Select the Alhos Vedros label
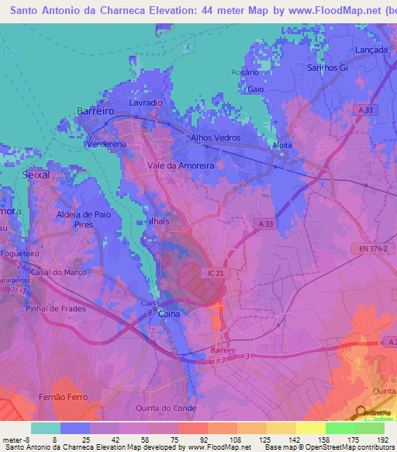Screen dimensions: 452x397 pos(216,137)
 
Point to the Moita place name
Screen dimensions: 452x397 pos(282,145)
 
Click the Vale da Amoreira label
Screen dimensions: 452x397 pos(181,165)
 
